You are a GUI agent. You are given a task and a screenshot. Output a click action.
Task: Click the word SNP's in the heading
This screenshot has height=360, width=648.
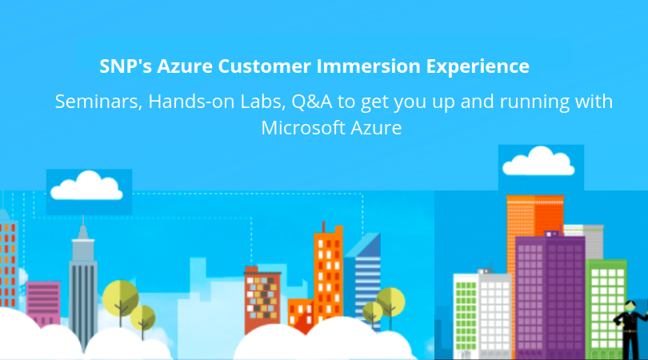tap(126, 66)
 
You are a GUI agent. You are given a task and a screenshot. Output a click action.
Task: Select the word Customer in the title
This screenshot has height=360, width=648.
tap(265, 66)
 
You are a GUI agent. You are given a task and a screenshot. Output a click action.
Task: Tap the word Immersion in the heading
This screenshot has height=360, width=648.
tap(369, 66)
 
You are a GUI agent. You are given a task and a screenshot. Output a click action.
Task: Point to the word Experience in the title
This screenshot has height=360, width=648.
tap(478, 67)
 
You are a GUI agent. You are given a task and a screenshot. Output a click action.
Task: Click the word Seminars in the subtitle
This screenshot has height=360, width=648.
tap(98, 102)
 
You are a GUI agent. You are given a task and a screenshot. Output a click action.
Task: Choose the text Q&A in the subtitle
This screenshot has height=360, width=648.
tap(312, 102)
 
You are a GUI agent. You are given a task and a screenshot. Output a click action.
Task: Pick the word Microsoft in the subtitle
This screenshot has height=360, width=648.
tap(303, 128)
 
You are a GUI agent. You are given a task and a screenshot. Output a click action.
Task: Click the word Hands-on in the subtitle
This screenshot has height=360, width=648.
tap(191, 102)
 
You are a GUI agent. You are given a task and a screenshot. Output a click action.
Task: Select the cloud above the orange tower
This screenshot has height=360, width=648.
tap(538, 162)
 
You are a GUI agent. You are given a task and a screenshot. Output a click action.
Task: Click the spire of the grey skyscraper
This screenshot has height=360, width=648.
tap(83, 226)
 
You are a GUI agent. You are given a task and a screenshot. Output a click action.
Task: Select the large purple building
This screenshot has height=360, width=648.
tap(550, 295)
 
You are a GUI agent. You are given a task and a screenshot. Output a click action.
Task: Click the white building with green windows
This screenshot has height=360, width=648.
tap(482, 315)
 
